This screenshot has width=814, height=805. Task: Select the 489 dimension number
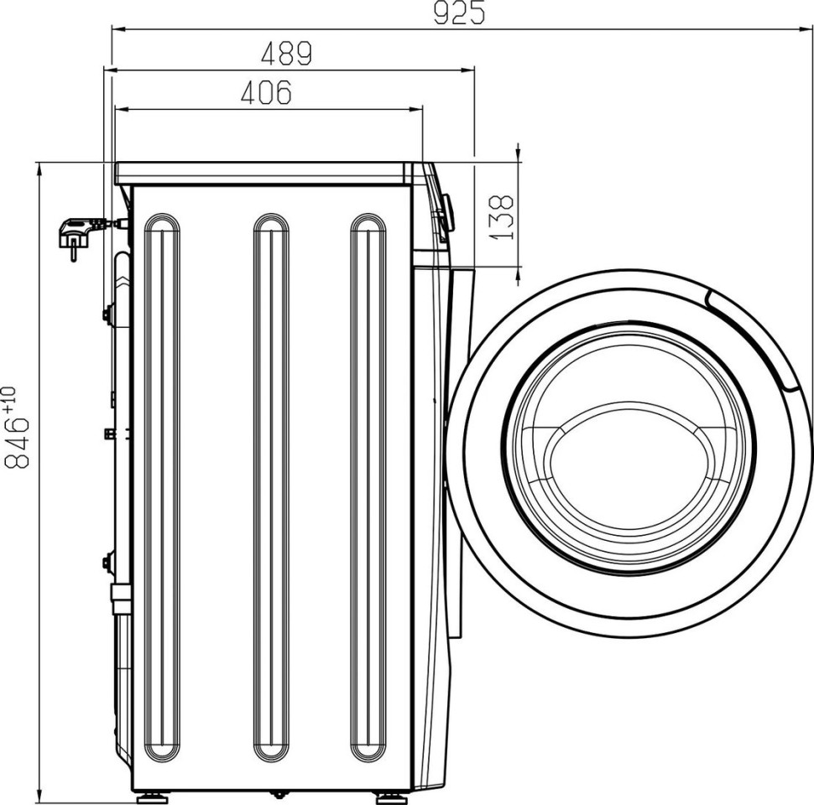(x=286, y=54)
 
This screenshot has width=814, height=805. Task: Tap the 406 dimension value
(x=266, y=92)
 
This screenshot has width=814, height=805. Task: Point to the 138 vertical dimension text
(x=501, y=217)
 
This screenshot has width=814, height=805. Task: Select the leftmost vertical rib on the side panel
(x=162, y=487)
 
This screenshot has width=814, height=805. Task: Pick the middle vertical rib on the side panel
(x=271, y=487)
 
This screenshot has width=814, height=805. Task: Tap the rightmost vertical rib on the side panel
(x=368, y=487)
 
